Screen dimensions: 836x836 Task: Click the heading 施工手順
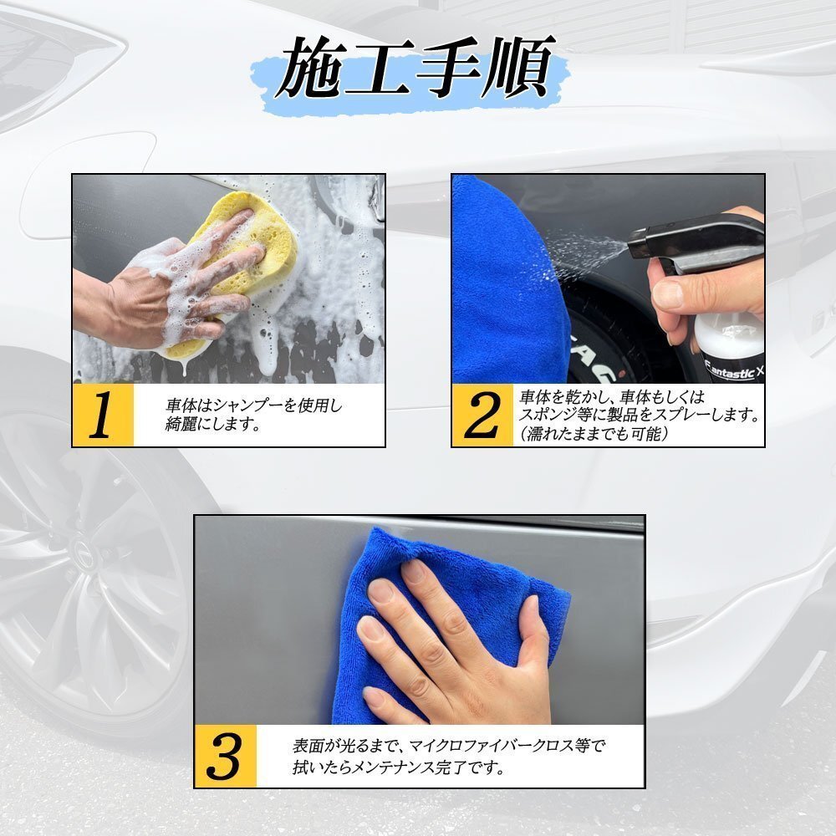point(415,69)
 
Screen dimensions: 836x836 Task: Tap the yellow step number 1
point(102,415)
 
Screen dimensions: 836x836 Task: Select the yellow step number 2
point(482,415)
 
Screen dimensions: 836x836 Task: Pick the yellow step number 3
point(225,756)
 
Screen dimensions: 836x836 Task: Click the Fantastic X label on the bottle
point(734,372)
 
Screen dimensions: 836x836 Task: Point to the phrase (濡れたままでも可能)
point(593,433)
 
